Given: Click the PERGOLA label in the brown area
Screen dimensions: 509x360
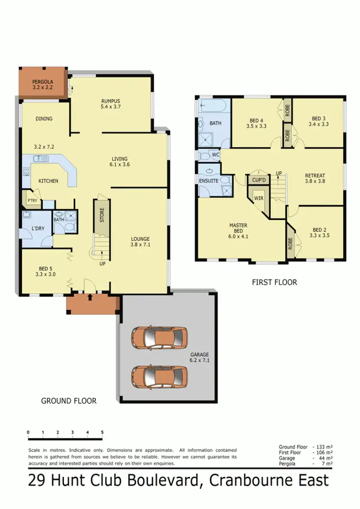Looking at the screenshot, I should click(43, 82).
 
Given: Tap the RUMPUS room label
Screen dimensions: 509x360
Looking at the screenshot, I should click(110, 100).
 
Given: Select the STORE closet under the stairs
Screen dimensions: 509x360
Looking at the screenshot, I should click(102, 215).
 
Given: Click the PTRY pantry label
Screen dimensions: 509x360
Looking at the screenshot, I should click(32, 201).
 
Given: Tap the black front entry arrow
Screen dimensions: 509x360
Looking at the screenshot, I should click(90, 298).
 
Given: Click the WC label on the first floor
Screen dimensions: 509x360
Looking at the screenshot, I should click(216, 155).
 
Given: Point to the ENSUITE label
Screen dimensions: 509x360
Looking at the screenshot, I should click(209, 181).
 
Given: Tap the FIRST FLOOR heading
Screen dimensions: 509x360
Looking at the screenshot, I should click(274, 282).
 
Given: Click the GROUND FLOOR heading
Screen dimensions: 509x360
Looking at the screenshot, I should click(69, 400).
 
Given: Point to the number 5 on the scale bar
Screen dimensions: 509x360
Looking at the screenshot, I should click(102, 432).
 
